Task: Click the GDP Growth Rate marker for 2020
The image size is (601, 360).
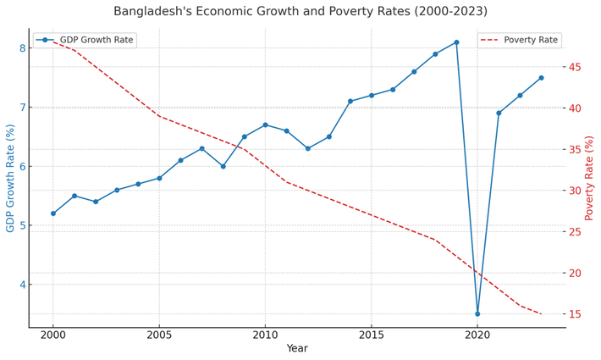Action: (x=477, y=314)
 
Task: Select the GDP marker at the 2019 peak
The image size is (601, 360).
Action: (x=456, y=42)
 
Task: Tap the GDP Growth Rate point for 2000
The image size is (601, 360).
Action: (x=53, y=213)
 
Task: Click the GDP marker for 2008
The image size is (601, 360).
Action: (x=223, y=166)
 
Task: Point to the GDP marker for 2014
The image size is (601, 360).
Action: (x=350, y=102)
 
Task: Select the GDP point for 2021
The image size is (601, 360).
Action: (x=499, y=113)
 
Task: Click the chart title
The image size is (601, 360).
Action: (x=300, y=11)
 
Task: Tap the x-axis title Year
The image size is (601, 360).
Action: (x=297, y=348)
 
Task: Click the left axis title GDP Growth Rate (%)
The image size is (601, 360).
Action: (x=11, y=178)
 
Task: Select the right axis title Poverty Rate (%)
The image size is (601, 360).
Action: (x=590, y=178)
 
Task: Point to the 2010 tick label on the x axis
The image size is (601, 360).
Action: (x=265, y=335)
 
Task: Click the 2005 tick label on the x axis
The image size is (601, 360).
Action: (x=159, y=335)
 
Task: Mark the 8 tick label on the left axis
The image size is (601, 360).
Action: (x=22, y=48)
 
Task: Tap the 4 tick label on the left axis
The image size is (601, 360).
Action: (x=22, y=285)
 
